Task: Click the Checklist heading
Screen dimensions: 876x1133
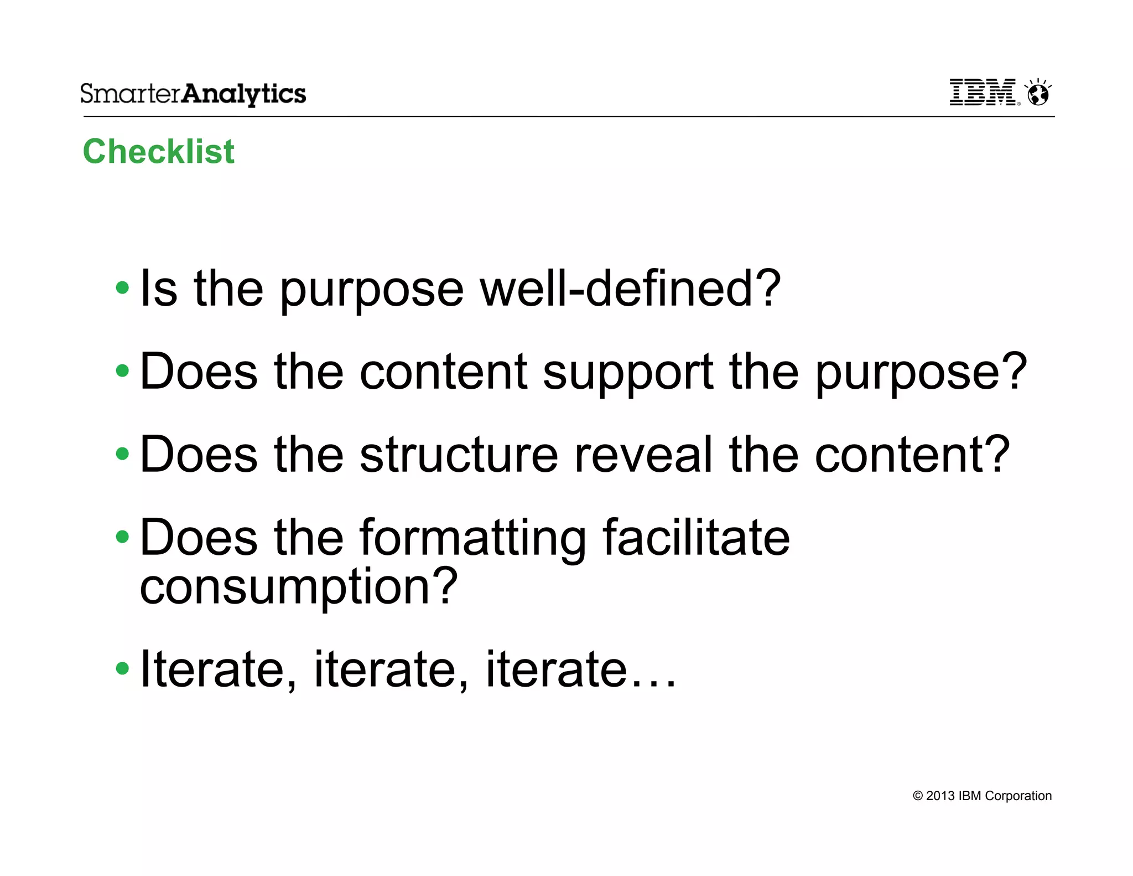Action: click(158, 151)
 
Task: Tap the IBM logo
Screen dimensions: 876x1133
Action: click(983, 92)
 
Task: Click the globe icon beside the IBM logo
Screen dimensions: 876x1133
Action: click(1038, 92)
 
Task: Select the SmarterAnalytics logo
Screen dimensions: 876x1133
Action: click(193, 94)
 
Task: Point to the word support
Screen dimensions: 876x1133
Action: click(628, 372)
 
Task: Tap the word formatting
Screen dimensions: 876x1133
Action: click(473, 538)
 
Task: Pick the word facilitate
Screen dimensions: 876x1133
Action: click(696, 537)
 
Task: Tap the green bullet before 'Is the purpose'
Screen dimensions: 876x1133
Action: click(122, 288)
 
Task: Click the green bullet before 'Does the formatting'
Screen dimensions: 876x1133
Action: click(122, 536)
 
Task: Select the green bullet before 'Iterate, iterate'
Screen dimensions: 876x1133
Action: click(122, 668)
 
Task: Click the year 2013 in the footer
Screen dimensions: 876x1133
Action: click(940, 796)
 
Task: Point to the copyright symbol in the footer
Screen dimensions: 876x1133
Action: click(918, 796)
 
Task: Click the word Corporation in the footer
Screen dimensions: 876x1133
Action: click(1018, 796)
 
